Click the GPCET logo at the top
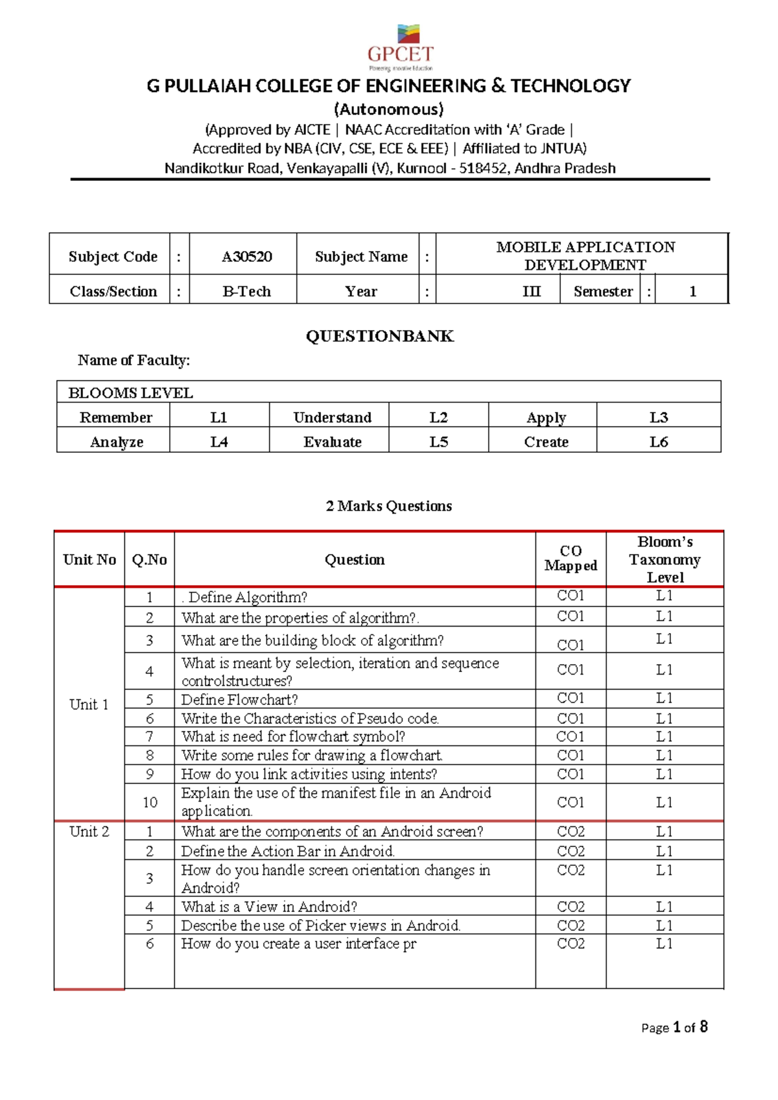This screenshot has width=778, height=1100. coord(400,47)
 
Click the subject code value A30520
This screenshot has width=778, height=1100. coord(246,256)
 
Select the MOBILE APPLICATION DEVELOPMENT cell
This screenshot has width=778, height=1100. coord(585,256)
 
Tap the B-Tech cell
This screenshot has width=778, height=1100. coord(246,291)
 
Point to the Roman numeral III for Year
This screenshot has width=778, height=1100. coord(531,291)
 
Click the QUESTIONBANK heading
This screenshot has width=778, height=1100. coord(380,336)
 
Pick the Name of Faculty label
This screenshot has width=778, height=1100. coord(134,360)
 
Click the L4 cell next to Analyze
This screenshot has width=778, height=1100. coord(219,442)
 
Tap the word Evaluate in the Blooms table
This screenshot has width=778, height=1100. coord(332,442)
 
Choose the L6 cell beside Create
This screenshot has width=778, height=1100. coord(658,442)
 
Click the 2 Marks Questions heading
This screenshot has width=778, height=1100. coord(388,506)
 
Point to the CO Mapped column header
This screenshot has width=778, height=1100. coord(571,558)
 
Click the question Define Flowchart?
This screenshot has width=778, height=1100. coord(239,699)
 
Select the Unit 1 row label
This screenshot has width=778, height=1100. coord(89,704)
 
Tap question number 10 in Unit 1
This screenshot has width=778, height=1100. coord(150,802)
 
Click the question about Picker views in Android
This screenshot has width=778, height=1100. coord(321,926)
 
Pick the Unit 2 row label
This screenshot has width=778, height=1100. coord(89,831)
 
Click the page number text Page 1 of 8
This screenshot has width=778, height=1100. coord(674,1027)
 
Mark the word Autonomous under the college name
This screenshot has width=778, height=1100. coord(388,109)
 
